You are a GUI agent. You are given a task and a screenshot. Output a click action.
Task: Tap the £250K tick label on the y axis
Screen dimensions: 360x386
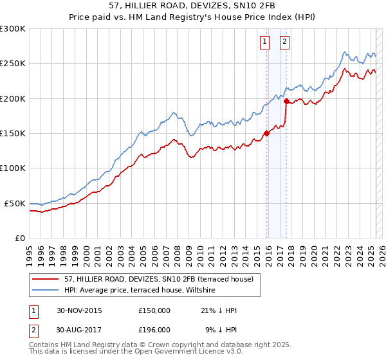click(12, 64)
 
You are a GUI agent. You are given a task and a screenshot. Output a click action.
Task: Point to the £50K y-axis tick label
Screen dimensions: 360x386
click(15, 203)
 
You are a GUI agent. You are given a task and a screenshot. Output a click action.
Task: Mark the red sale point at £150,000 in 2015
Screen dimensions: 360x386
click(266, 134)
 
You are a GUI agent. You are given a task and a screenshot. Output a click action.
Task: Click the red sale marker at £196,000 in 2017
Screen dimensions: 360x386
click(286, 102)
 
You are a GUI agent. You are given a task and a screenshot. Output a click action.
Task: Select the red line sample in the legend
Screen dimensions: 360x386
click(46, 279)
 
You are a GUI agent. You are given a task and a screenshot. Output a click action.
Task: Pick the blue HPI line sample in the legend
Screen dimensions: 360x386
click(46, 290)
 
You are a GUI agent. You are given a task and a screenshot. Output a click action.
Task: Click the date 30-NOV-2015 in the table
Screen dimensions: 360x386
click(79, 310)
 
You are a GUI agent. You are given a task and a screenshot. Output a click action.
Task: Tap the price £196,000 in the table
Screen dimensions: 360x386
click(154, 329)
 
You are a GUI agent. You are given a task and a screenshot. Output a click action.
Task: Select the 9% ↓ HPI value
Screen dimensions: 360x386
click(221, 329)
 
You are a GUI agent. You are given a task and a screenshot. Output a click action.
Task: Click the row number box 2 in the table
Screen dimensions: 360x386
click(33, 329)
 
